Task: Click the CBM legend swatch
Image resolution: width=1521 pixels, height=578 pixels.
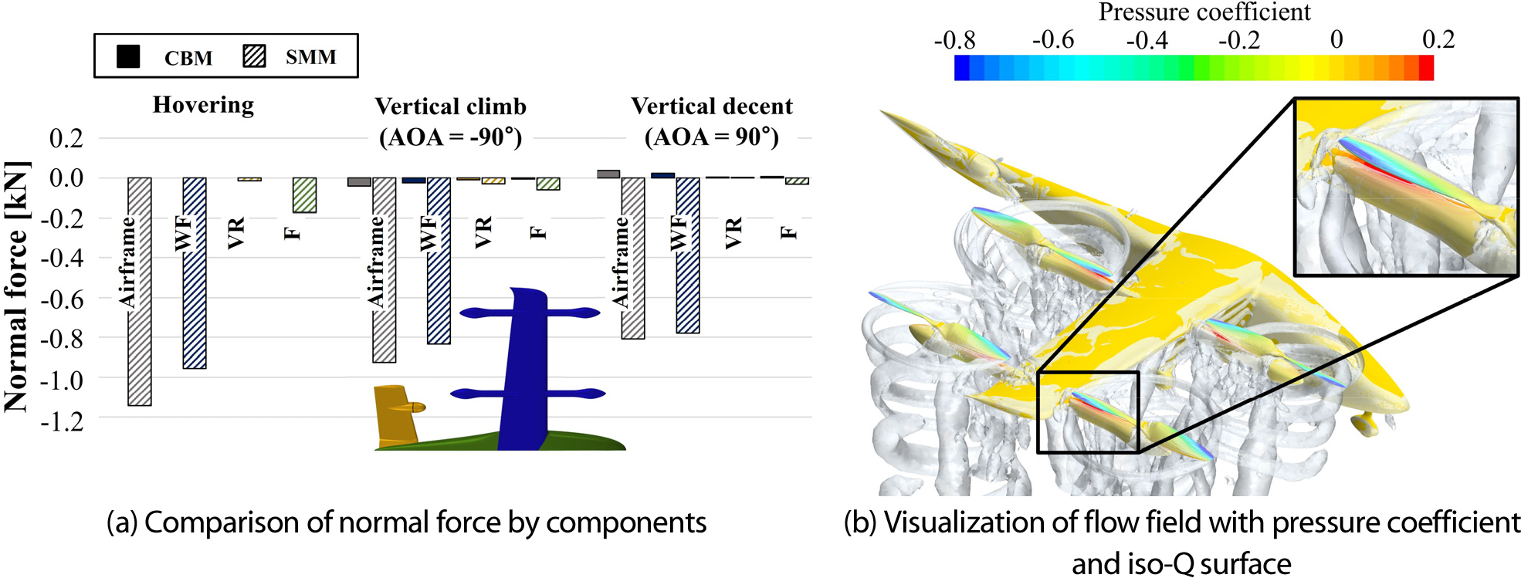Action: [x=128, y=56]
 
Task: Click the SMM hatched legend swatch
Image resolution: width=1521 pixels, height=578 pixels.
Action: [x=254, y=56]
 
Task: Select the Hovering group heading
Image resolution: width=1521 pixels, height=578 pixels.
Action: [x=203, y=104]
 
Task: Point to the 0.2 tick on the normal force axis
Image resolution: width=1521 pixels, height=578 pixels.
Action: [x=66, y=138]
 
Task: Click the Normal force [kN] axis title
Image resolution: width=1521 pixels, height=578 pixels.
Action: [x=17, y=286]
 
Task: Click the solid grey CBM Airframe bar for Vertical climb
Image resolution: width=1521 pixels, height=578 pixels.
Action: [x=359, y=182]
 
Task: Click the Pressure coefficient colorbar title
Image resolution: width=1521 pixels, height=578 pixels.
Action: [x=1204, y=12]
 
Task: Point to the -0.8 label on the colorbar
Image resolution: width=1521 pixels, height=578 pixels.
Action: [x=954, y=40]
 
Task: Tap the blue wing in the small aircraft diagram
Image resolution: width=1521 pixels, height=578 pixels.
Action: [x=525, y=370]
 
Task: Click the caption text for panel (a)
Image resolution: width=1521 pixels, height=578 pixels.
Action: [x=406, y=522]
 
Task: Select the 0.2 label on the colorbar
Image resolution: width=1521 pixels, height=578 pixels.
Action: [x=1438, y=39]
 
